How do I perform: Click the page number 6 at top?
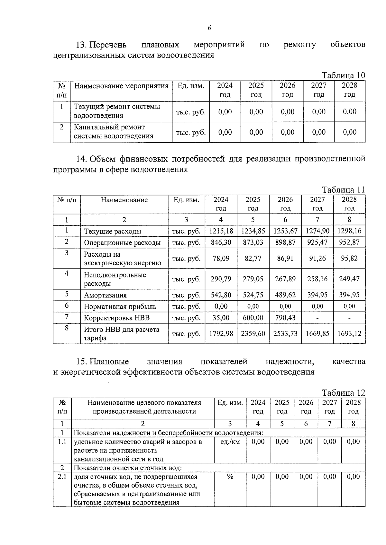tap(209, 28)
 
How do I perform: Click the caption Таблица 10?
tap(343, 75)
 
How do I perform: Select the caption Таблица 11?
tap(343, 190)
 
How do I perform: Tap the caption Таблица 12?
tap(343, 393)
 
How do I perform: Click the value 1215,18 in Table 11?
tap(221, 231)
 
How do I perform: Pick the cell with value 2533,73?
tap(285, 333)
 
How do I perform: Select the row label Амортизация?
tap(105, 295)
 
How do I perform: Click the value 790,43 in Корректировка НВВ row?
tap(285, 318)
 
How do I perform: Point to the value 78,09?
tap(221, 258)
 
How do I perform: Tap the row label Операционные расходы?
tap(122, 242)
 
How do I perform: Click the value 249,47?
tap(349, 279)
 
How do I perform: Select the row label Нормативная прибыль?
tap(120, 306)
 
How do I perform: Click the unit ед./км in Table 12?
tap(230, 442)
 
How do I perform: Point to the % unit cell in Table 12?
tap(230, 477)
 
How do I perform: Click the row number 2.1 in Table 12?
tap(62, 477)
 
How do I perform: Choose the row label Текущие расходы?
tap(112, 231)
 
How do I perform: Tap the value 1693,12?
tap(349, 333)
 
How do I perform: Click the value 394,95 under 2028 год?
tap(349, 295)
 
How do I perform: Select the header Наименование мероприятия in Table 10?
tap(121, 86)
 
